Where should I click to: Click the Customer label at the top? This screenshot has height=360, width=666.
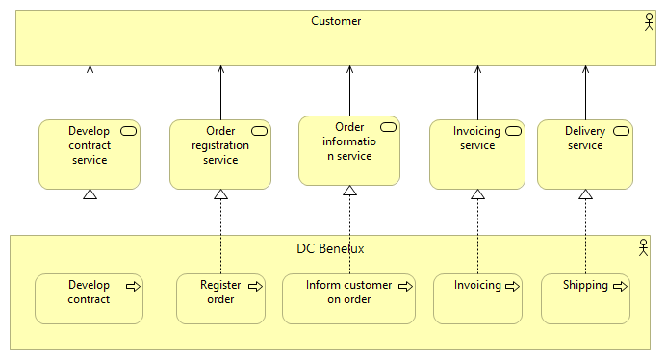pyautogui.click(x=336, y=21)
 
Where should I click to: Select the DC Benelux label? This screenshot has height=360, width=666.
pyautogui.click(x=330, y=248)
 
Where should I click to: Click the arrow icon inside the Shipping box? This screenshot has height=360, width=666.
pyautogui.click(x=621, y=286)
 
